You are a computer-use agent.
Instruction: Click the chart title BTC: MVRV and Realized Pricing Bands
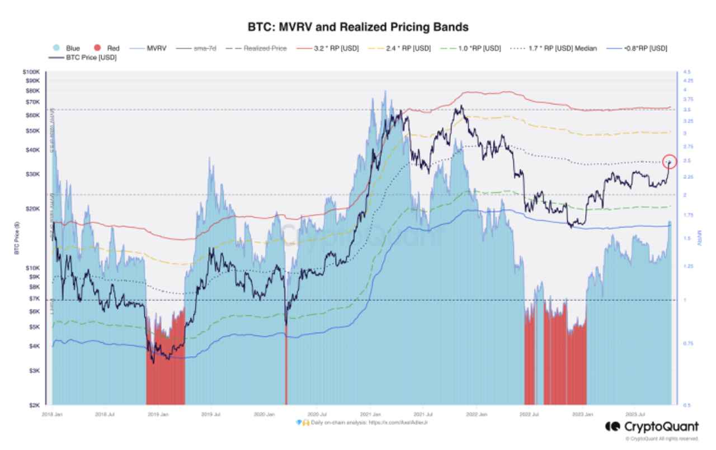(x=358, y=26)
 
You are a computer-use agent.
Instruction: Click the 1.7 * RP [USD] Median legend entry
(x=562, y=48)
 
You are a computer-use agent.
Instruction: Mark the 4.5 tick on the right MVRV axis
(x=687, y=72)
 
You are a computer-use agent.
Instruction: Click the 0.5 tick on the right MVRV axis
(x=687, y=405)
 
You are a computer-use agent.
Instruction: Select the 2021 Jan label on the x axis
(x=371, y=414)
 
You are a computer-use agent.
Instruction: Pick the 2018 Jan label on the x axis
(x=51, y=414)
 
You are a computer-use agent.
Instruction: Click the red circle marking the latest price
(x=669, y=162)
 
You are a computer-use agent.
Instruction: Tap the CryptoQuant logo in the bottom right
(x=651, y=427)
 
